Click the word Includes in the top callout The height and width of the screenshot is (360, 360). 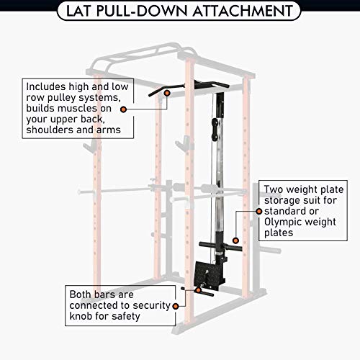tap(48, 84)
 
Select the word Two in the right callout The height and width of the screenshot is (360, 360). tap(277, 184)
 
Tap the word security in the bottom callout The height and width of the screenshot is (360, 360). tap(130, 305)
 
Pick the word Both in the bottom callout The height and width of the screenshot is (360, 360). tap(83, 294)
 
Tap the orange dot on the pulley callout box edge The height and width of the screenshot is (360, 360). tap(124, 109)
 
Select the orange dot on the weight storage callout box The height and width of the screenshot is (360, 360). tap(258, 212)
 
